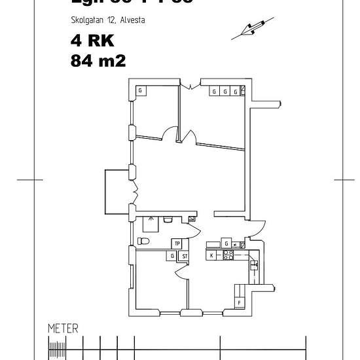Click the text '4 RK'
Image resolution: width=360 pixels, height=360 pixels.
(x=92, y=41)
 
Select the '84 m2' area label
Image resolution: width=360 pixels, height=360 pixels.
(x=98, y=61)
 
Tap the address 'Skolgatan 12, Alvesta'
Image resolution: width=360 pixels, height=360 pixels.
(x=107, y=20)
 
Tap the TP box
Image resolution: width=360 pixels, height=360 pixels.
(x=158, y=243)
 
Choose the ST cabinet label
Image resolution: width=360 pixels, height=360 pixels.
(x=185, y=256)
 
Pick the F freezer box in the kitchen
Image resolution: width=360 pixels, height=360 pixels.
(x=240, y=302)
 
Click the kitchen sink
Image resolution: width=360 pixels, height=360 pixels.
(x=254, y=266)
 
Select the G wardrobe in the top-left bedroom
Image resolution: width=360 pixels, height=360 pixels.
(x=139, y=91)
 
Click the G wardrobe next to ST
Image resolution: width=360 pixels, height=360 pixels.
(x=172, y=256)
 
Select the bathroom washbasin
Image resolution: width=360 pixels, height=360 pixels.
(x=168, y=219)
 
